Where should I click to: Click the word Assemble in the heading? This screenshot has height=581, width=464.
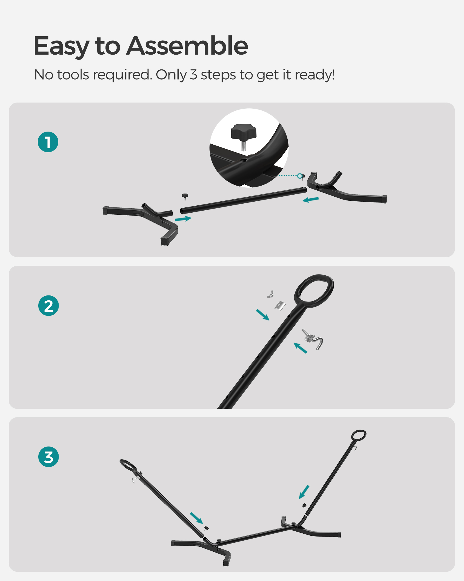click(187, 46)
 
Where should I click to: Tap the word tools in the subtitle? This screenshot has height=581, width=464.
click(73, 75)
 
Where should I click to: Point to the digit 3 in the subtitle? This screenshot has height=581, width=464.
click(193, 75)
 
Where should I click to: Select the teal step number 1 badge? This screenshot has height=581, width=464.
click(48, 142)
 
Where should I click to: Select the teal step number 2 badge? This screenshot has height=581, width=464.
click(48, 306)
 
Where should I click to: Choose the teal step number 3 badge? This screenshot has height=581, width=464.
click(48, 457)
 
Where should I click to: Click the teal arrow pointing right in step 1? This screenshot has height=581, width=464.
click(183, 219)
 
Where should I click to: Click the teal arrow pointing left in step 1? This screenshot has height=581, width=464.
click(311, 200)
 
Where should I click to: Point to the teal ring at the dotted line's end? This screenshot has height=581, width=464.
click(300, 175)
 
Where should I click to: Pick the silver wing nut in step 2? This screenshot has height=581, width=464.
click(271, 294)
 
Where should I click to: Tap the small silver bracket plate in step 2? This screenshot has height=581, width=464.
click(280, 306)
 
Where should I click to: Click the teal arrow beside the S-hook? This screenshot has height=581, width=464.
click(300, 348)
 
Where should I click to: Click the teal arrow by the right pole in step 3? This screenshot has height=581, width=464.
click(304, 492)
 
